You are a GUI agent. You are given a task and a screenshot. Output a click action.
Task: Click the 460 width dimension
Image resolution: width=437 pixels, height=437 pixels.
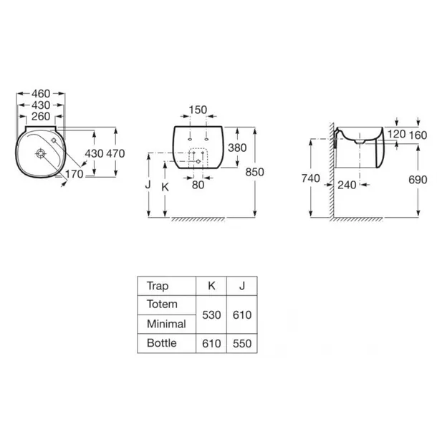(41, 93)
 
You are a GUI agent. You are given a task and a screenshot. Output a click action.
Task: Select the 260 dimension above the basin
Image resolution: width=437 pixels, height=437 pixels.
(41, 117)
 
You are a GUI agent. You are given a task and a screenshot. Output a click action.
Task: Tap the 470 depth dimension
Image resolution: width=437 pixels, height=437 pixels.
(115, 153)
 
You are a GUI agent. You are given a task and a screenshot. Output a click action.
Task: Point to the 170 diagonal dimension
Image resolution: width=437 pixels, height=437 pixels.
(74, 174)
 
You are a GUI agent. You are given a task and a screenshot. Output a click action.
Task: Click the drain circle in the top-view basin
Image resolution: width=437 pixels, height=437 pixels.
(41, 153)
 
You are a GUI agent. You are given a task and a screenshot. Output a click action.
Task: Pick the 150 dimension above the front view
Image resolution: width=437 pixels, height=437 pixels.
(198, 110)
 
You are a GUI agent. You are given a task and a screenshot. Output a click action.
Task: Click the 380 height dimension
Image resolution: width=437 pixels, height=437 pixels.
(237, 148)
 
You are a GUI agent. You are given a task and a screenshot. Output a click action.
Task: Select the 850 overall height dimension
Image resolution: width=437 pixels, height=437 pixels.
(254, 172)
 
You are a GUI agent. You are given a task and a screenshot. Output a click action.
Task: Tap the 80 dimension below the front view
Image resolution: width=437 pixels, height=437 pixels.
(198, 185)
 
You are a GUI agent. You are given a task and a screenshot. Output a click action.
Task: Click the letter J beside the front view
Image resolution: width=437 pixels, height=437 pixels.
(148, 185)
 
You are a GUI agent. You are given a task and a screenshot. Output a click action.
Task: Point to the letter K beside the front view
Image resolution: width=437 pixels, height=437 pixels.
(165, 187)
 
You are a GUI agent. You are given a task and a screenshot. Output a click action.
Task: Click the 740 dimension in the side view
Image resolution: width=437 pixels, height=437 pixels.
(311, 178)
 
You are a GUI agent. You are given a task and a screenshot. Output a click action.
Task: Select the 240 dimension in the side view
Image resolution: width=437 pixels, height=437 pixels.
(347, 185)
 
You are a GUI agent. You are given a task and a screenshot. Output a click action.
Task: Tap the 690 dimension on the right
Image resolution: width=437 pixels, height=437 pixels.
(418, 180)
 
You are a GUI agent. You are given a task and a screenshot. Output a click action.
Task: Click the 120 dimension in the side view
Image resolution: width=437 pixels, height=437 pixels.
(397, 134)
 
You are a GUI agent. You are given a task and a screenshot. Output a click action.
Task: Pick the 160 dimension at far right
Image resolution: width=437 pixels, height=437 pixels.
(418, 135)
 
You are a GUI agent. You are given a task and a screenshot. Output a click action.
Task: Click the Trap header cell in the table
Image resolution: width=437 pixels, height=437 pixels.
(158, 286)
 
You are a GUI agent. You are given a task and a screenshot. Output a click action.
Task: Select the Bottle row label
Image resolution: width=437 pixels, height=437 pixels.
(162, 343)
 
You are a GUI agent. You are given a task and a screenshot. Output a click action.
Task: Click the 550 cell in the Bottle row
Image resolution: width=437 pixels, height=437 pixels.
(242, 344)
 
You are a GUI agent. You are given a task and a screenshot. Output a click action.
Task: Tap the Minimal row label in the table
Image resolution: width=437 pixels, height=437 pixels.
(166, 324)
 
